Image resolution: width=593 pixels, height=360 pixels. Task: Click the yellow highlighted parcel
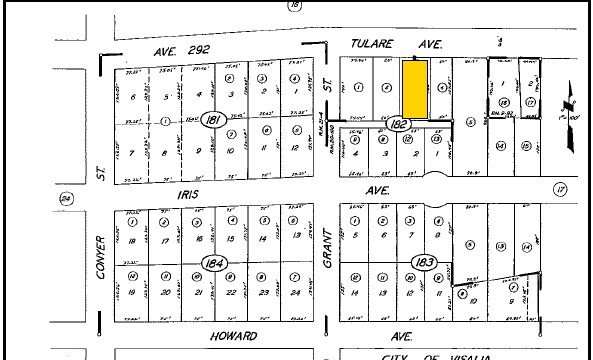tap(417, 88)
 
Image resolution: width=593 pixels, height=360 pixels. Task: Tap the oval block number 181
tap(212, 120)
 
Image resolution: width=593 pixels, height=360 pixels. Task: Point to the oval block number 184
tap(212, 263)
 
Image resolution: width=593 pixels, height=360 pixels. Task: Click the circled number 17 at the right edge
tap(560, 188)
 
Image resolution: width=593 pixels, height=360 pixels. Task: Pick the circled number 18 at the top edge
tap(294, 6)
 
